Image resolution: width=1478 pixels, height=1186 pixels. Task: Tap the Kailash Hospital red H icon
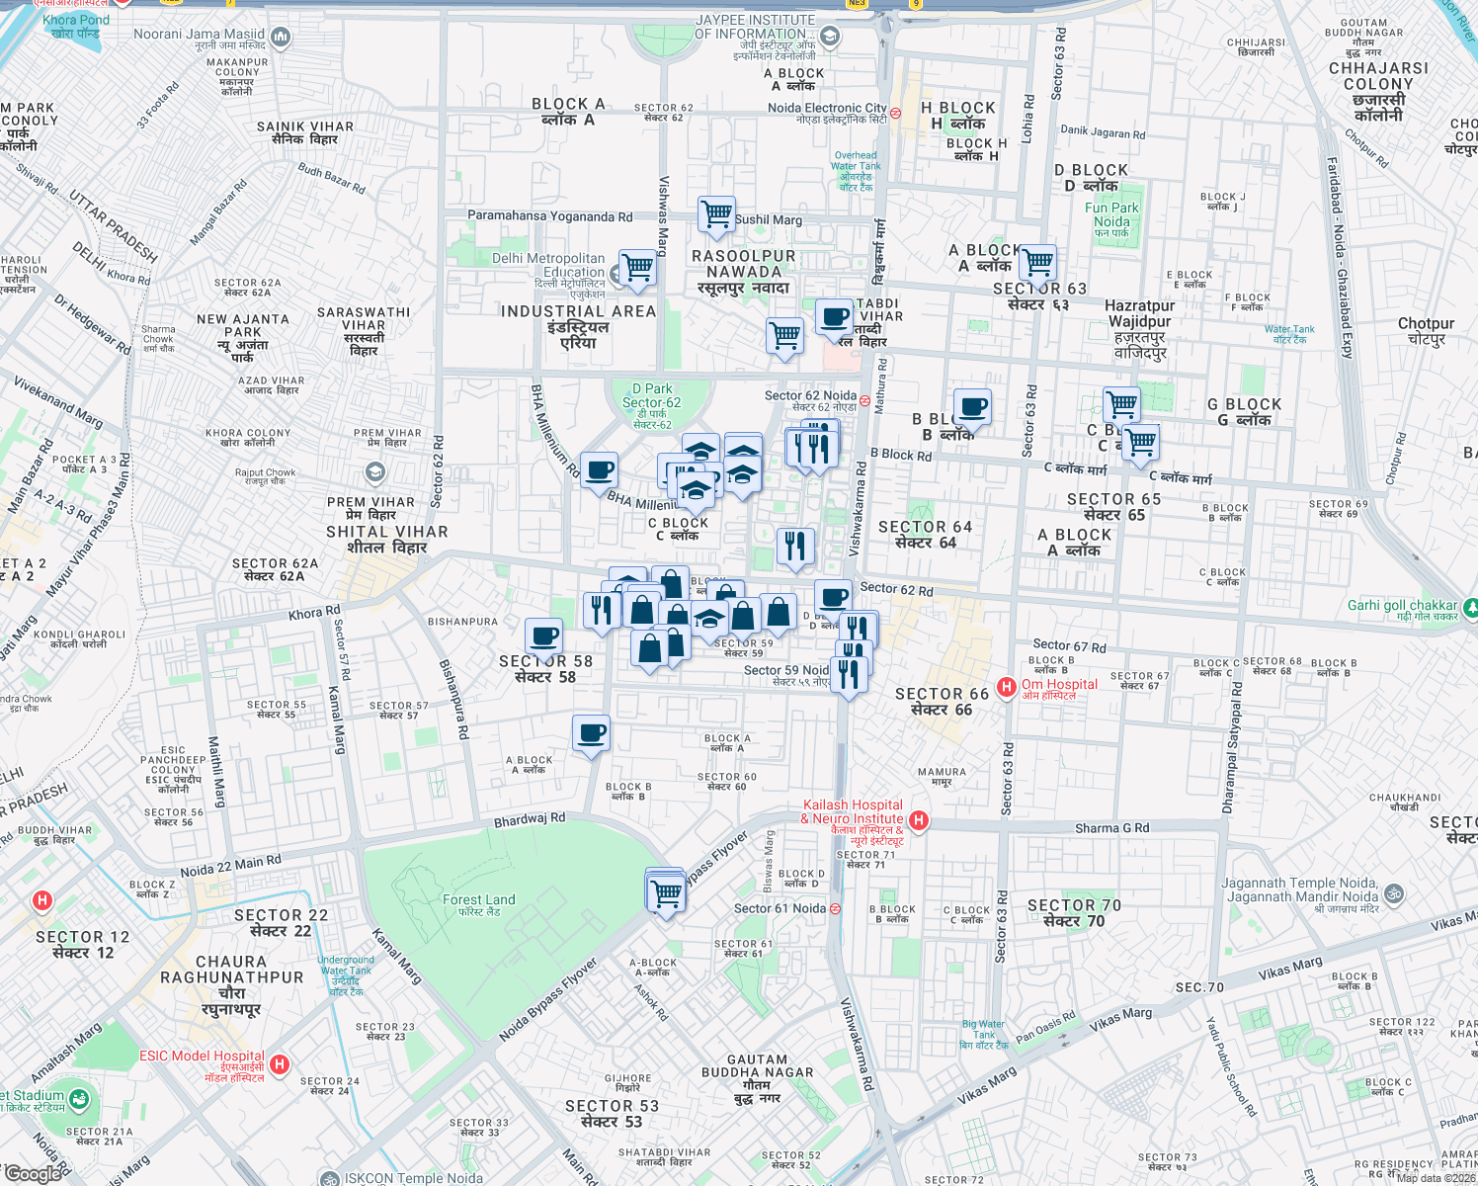(x=919, y=819)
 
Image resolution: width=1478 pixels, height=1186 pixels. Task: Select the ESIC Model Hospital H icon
(x=280, y=1064)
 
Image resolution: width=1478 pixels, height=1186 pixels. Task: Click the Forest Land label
(x=479, y=904)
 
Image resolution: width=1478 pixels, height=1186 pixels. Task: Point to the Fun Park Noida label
(x=1111, y=214)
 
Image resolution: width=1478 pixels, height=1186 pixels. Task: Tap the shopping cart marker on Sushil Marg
(x=716, y=213)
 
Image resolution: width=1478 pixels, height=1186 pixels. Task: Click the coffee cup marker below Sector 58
(x=591, y=733)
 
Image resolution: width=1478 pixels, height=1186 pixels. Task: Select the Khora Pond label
(x=76, y=26)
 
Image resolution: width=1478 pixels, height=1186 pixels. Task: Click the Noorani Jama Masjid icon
(x=281, y=39)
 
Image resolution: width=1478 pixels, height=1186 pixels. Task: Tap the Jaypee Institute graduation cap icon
(x=830, y=38)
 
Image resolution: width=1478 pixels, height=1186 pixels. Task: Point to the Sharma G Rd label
(x=1111, y=828)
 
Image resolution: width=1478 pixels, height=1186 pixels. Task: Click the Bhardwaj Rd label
(x=530, y=819)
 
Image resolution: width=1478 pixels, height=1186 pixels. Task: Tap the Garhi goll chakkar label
(x=1403, y=605)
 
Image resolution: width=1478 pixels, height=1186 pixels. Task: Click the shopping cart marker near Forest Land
(x=666, y=892)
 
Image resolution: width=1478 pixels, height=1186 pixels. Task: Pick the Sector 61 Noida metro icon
(x=835, y=909)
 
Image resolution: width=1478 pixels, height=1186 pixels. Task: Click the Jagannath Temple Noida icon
(x=1393, y=892)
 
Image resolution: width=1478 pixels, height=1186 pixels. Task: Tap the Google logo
(x=34, y=1173)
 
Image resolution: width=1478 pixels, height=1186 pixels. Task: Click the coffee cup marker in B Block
(x=972, y=406)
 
